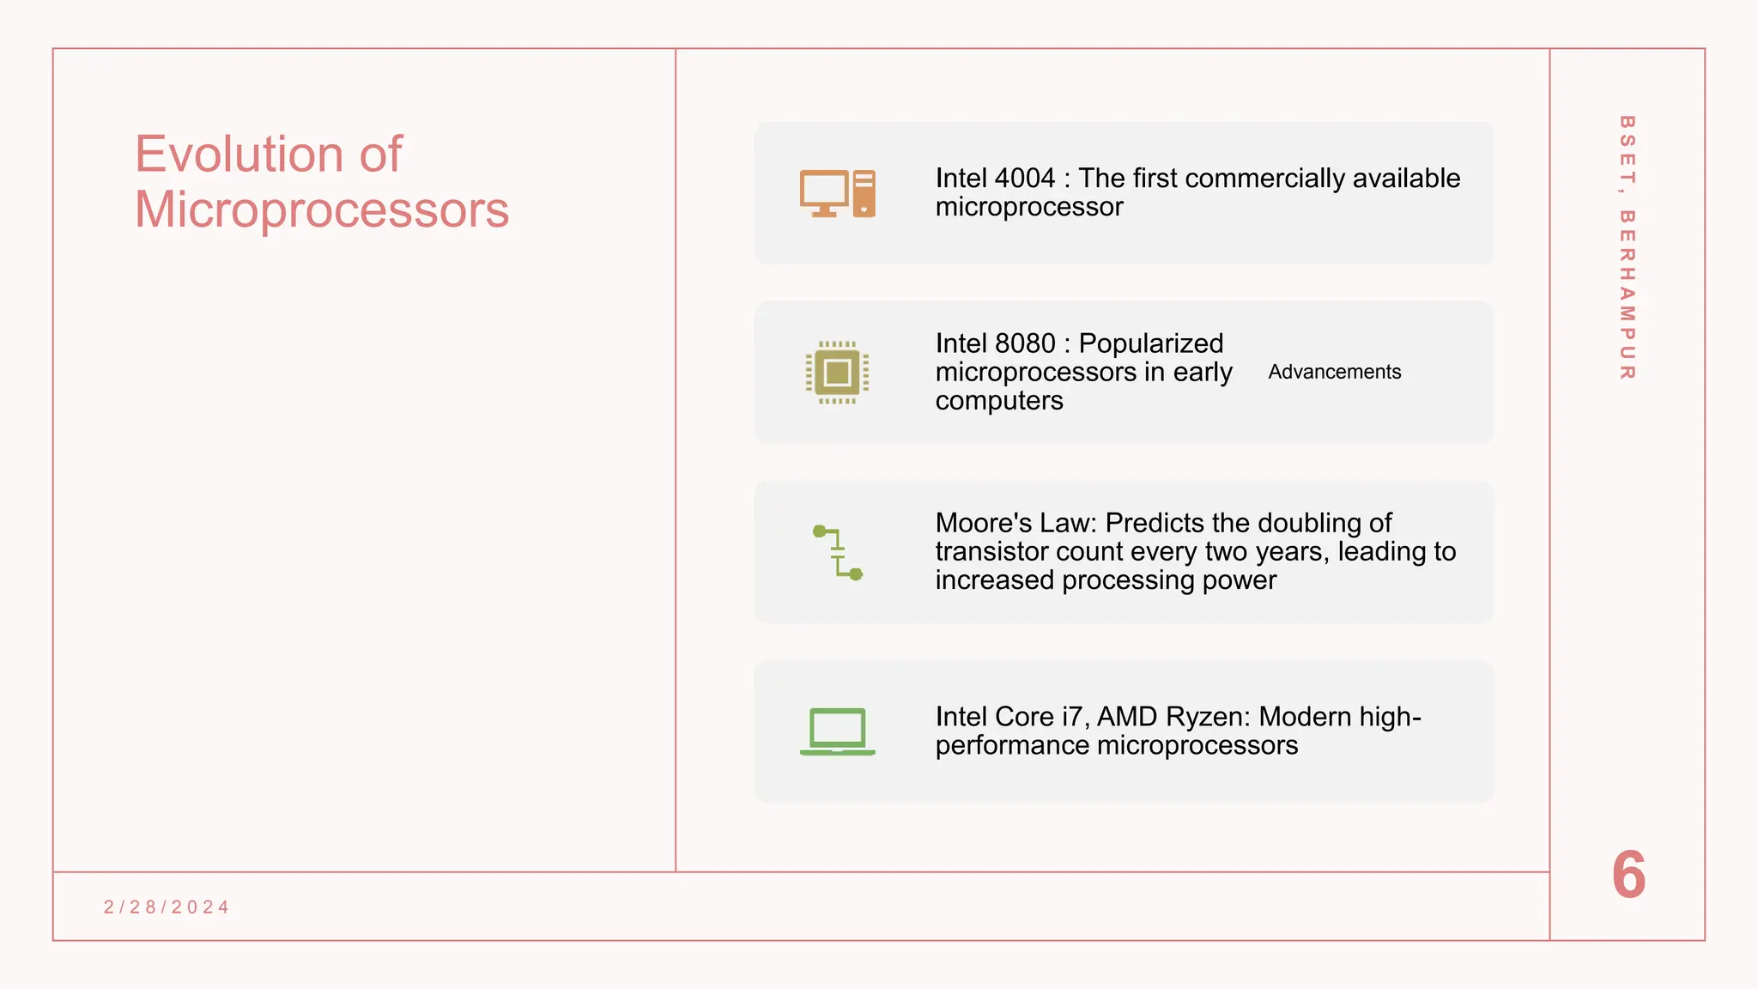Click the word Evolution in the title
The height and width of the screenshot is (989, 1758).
pyautogui.click(x=239, y=155)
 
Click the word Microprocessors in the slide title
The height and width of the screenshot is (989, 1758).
pyautogui.click(x=322, y=210)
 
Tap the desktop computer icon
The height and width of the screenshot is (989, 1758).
pyautogui.click(x=837, y=193)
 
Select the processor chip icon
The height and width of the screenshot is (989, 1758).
pyautogui.click(x=837, y=373)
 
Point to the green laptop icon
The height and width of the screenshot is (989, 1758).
pyautogui.click(x=837, y=731)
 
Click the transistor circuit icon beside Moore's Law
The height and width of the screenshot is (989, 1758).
pyautogui.click(x=837, y=553)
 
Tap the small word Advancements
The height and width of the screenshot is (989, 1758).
pyautogui.click(x=1334, y=373)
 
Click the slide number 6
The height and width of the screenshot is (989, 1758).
pyautogui.click(x=1628, y=876)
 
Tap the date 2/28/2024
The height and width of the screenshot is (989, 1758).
pyautogui.click(x=167, y=907)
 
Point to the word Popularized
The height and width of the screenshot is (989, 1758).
pyautogui.click(x=1150, y=343)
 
